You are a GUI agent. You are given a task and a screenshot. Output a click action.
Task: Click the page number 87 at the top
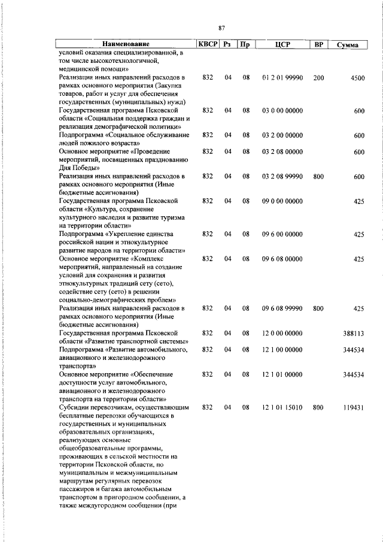(x=221, y=28)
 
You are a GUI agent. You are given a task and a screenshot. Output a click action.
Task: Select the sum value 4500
(x=357, y=78)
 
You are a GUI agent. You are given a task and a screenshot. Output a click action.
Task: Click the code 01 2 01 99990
(x=282, y=77)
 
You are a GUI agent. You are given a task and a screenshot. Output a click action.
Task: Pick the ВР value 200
(x=318, y=77)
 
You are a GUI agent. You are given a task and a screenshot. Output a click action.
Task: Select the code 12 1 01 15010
(x=282, y=407)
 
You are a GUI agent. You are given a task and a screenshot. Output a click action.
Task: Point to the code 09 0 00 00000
(x=282, y=201)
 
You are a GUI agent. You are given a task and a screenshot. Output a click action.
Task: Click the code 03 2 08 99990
(x=282, y=177)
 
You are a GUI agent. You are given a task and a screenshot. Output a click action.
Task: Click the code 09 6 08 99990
(x=282, y=308)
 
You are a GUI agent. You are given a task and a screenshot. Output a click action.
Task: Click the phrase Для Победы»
(x=77, y=168)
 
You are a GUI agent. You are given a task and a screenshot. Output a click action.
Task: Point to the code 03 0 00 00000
(x=282, y=111)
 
